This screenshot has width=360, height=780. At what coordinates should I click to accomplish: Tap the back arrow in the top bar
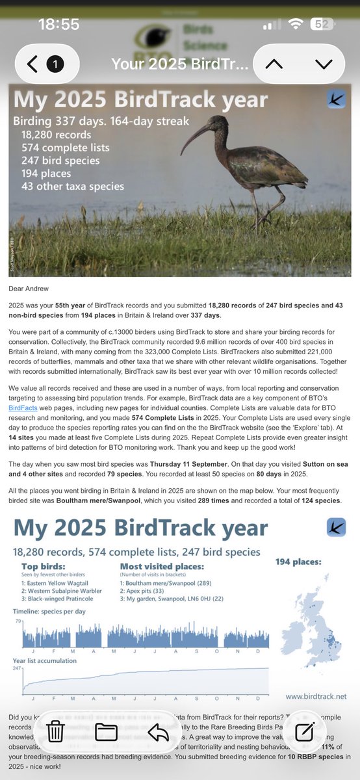click(x=33, y=64)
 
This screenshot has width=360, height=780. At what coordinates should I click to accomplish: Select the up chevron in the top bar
click(x=274, y=64)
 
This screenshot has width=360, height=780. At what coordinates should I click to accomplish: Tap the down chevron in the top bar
click(x=323, y=64)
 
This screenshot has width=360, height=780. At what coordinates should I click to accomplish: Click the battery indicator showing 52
click(x=324, y=24)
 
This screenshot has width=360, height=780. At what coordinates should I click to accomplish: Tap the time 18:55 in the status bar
click(x=58, y=25)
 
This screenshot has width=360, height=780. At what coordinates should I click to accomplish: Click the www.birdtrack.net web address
click(x=315, y=696)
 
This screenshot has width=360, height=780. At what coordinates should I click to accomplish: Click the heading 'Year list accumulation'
click(x=45, y=661)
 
